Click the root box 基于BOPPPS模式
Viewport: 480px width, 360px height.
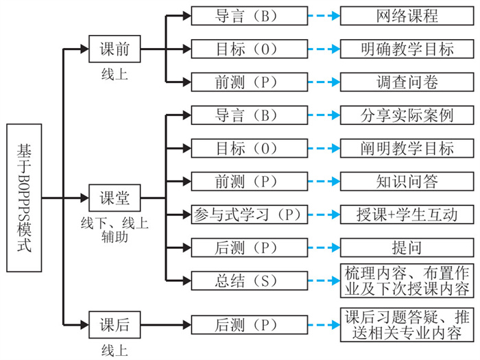tap(24, 197)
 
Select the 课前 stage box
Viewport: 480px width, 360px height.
tap(115, 49)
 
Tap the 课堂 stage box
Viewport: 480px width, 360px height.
tap(115, 199)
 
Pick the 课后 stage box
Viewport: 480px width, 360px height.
tap(115, 324)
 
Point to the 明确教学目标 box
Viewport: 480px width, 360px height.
tap(407, 49)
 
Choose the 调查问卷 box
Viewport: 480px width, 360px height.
tap(407, 82)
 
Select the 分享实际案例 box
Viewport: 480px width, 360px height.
tap(407, 115)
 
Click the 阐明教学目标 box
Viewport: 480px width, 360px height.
tap(407, 148)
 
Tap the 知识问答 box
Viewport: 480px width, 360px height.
tap(407, 181)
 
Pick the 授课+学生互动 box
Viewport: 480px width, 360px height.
tap(407, 215)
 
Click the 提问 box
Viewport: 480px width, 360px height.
tap(407, 248)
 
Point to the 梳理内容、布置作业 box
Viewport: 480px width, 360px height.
tap(407, 280)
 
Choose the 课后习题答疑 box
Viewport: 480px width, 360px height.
tap(407, 324)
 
